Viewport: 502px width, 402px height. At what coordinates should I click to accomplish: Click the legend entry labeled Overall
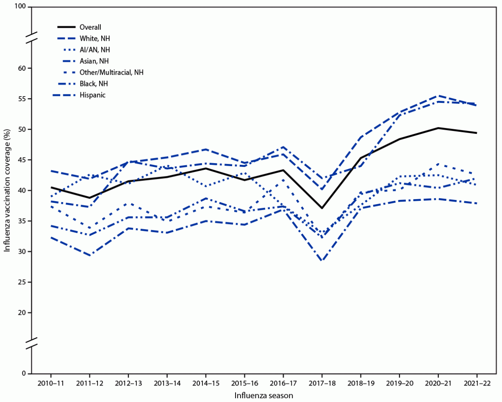pyautogui.click(x=90, y=28)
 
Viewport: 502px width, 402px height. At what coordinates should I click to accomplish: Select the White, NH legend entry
pyautogui.click(x=95, y=39)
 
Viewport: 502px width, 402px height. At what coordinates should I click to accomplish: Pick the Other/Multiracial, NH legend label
pyautogui.click(x=111, y=72)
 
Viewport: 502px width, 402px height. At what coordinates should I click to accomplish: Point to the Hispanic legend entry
pyautogui.click(x=92, y=95)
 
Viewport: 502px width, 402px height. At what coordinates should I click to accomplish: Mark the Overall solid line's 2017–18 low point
pyautogui.click(x=322, y=208)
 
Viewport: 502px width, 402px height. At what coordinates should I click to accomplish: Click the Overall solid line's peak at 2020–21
pyautogui.click(x=438, y=128)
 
